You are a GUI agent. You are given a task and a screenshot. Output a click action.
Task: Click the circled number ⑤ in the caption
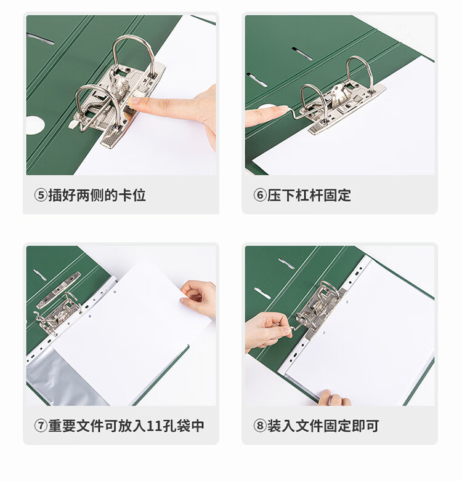pos(41,195)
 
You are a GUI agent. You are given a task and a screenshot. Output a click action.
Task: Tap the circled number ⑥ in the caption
pos(260,195)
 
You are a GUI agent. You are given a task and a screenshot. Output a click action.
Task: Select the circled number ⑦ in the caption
pos(41,426)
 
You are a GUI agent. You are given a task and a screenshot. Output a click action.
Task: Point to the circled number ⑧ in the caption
pos(260,426)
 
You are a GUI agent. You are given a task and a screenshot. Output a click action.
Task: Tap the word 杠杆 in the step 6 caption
pos(309,195)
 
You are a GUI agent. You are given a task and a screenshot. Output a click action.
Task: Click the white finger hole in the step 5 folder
pos(34,125)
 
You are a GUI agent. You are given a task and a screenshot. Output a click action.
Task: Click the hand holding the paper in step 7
pos(199,298)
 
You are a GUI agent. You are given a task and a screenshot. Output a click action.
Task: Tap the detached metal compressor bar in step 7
pos(59,290)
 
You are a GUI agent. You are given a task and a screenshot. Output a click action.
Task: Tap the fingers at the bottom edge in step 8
pos(334,398)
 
